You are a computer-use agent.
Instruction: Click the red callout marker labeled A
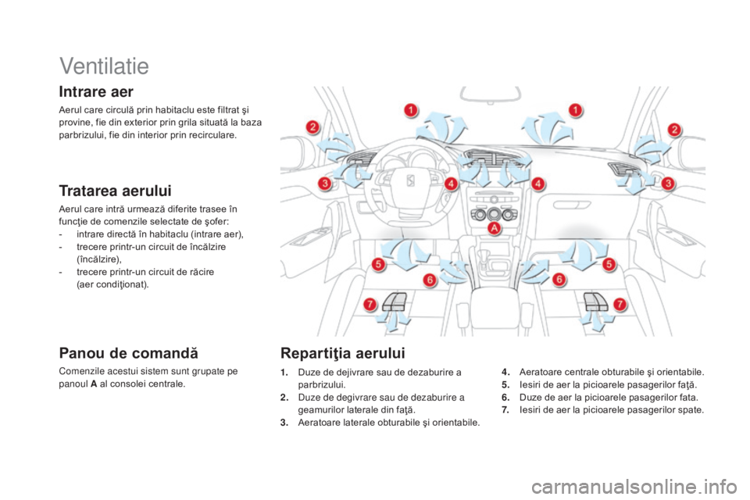click(494, 228)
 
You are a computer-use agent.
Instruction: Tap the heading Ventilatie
click(104, 66)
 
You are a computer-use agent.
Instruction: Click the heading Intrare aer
click(96, 91)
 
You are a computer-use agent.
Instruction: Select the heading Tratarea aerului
click(116, 191)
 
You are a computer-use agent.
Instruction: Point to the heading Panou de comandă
click(129, 353)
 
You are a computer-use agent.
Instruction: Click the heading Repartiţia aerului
click(343, 353)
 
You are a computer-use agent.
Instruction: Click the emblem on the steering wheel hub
click(410, 180)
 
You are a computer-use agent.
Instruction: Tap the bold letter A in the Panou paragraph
click(93, 384)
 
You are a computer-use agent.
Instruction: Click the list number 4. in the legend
click(506, 372)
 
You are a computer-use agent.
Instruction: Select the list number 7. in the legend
click(506, 410)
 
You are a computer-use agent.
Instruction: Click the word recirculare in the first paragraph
click(212, 135)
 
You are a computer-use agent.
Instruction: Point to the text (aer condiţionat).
click(112, 284)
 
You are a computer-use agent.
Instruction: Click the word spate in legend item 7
click(691, 410)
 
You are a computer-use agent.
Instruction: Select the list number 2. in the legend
click(284, 398)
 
